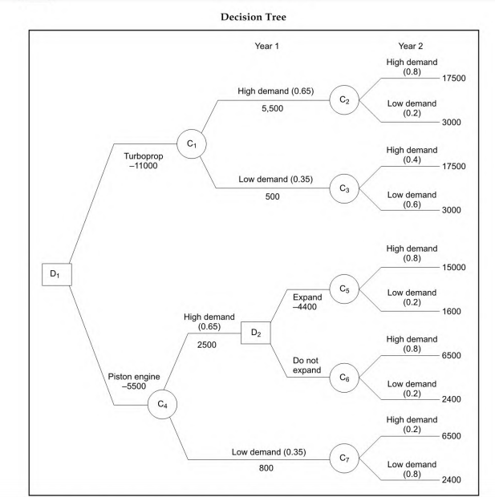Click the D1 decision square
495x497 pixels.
click(55, 274)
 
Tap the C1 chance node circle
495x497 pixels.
click(192, 143)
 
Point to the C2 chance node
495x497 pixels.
click(343, 99)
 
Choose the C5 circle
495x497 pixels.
click(345, 288)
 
